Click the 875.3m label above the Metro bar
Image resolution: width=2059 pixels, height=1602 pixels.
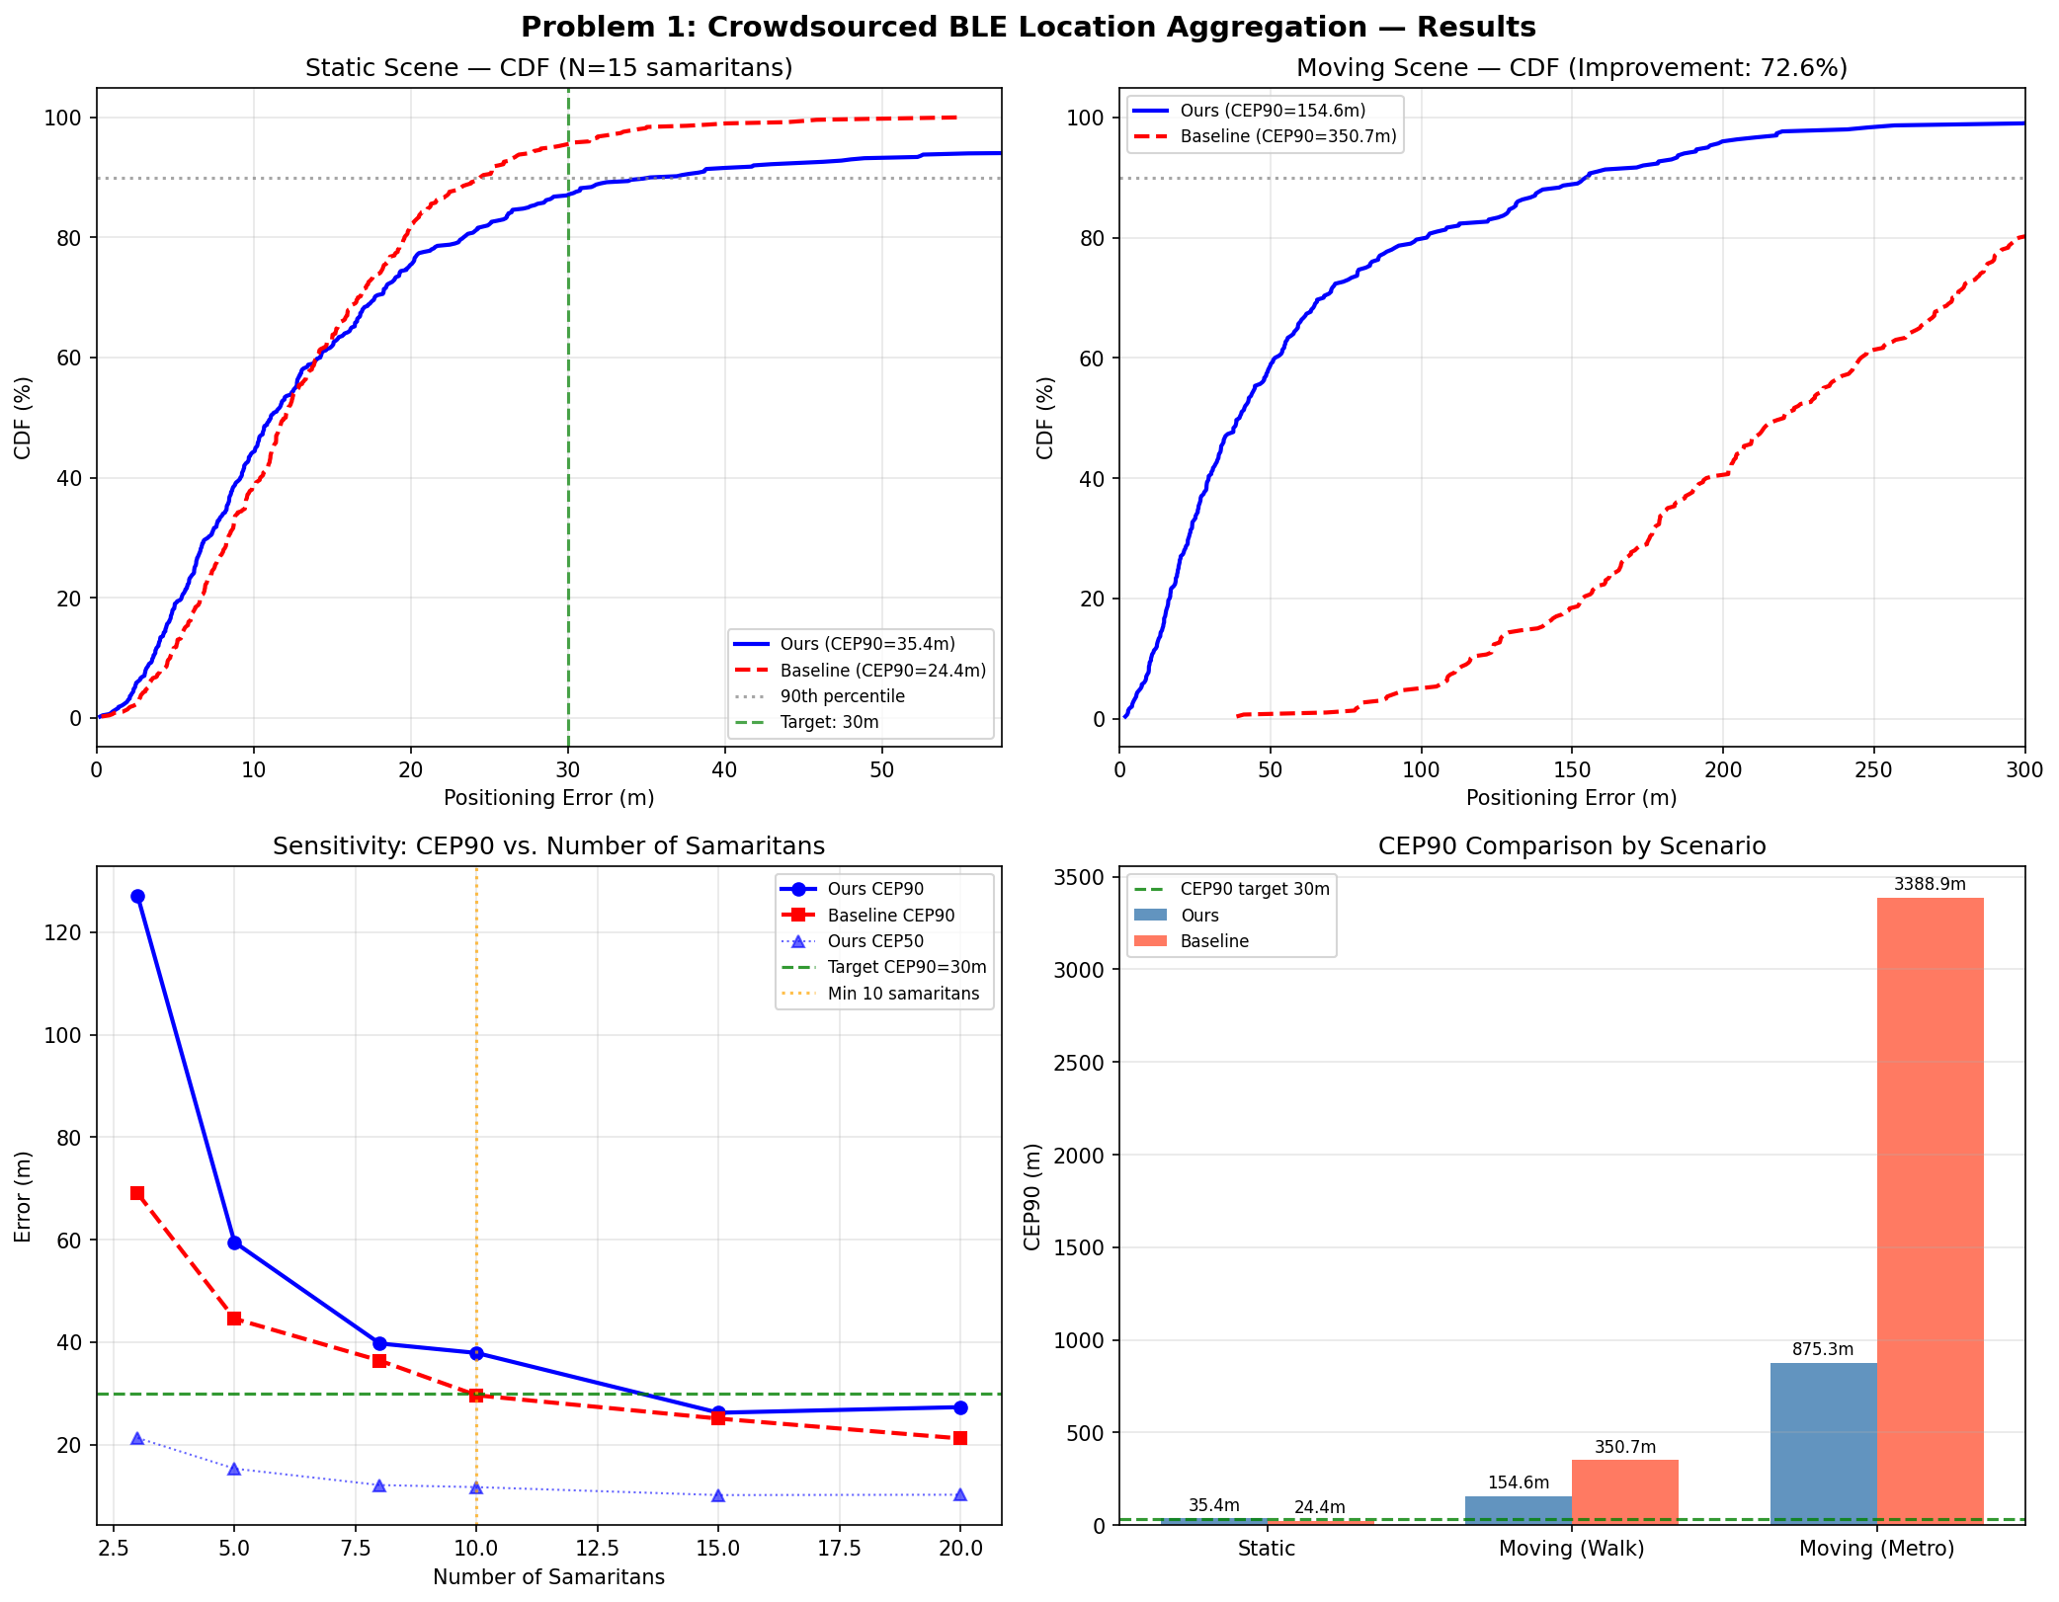click(x=1823, y=1349)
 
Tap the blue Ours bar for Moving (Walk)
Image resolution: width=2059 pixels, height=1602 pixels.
click(x=1518, y=1510)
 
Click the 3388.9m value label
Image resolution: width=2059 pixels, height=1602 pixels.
click(x=1930, y=884)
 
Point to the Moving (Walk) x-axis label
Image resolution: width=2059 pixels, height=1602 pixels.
click(x=1571, y=1549)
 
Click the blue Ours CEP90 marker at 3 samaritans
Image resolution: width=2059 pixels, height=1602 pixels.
click(x=137, y=896)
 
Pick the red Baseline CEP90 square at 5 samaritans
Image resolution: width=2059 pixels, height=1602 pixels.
click(x=234, y=1319)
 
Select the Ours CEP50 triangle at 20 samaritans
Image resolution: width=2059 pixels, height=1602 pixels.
click(x=960, y=1494)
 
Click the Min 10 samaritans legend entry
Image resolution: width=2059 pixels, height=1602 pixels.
click(x=903, y=994)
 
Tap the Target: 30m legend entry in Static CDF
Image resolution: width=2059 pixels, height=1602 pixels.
click(x=829, y=722)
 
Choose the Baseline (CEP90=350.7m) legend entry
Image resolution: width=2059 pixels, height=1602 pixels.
click(x=1287, y=136)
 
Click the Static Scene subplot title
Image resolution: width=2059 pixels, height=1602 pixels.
click(x=548, y=68)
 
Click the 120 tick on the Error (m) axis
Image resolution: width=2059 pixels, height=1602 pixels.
click(x=70, y=932)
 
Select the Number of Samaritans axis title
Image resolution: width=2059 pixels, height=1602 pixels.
click(x=548, y=1577)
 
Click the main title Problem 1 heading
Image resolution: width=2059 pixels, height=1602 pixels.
click(x=1029, y=27)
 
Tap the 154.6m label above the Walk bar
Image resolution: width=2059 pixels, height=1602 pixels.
click(x=1519, y=1482)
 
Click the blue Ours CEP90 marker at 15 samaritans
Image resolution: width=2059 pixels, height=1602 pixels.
click(x=718, y=1412)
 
